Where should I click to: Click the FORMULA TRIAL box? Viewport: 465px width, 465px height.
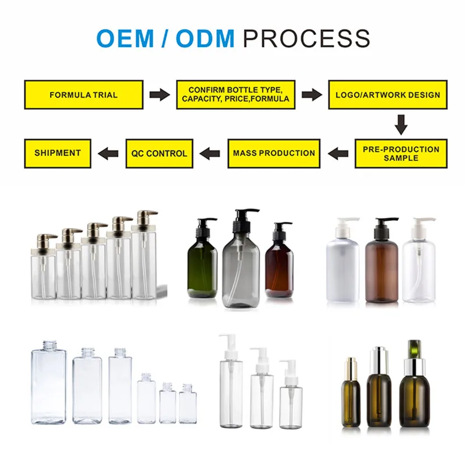[x=84, y=95]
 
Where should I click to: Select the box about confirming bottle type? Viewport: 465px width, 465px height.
[x=235, y=95]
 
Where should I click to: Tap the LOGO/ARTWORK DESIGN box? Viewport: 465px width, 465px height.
[x=388, y=95]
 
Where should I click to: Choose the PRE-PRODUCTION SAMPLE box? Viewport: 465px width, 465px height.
[x=401, y=153]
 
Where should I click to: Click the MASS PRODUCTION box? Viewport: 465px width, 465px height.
[x=274, y=153]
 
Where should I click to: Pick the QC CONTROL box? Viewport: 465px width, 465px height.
[x=159, y=153]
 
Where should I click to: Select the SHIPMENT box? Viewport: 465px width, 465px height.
[x=57, y=153]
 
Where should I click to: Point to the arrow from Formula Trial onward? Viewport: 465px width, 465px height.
[x=159, y=95]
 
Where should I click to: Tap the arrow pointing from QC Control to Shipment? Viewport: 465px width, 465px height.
[x=108, y=153]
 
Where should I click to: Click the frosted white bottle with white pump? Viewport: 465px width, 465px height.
[x=342, y=267]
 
